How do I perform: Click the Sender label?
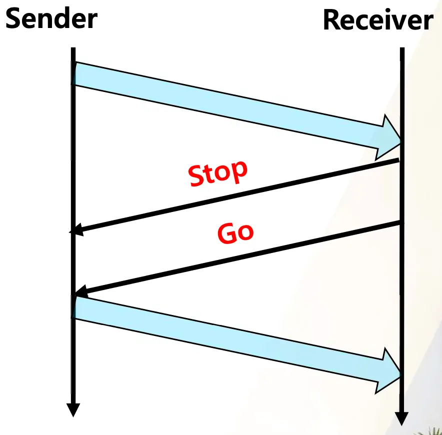coord(51,18)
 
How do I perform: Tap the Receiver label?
coord(377,21)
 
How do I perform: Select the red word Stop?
coord(218,173)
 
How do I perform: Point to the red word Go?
coord(235,232)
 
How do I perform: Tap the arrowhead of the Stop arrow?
coord(76,230)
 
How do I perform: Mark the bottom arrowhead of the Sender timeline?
coord(73,409)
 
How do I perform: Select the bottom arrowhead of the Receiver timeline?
coord(401,418)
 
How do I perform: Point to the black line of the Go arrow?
coord(240,257)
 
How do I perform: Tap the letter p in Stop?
coord(239,170)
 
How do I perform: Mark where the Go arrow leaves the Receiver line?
coord(400,222)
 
